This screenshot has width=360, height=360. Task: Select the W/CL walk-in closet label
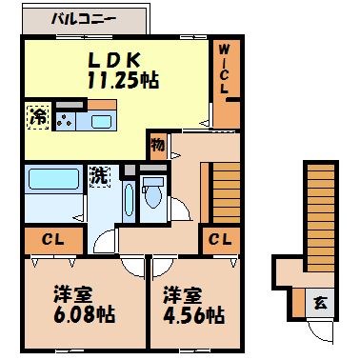224,69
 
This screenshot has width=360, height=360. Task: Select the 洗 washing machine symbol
99,176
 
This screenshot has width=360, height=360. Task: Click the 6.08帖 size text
71,313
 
